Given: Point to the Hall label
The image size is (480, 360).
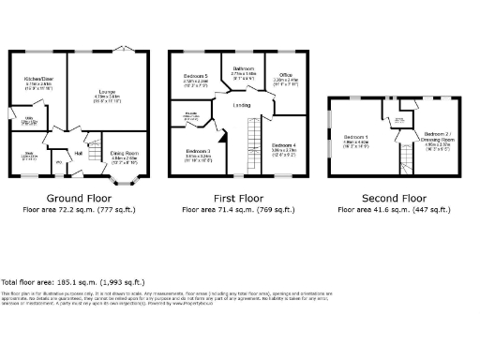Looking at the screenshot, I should (80, 152).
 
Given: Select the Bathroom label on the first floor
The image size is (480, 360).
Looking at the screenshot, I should (243, 67).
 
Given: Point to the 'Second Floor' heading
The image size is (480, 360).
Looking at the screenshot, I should (395, 198).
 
